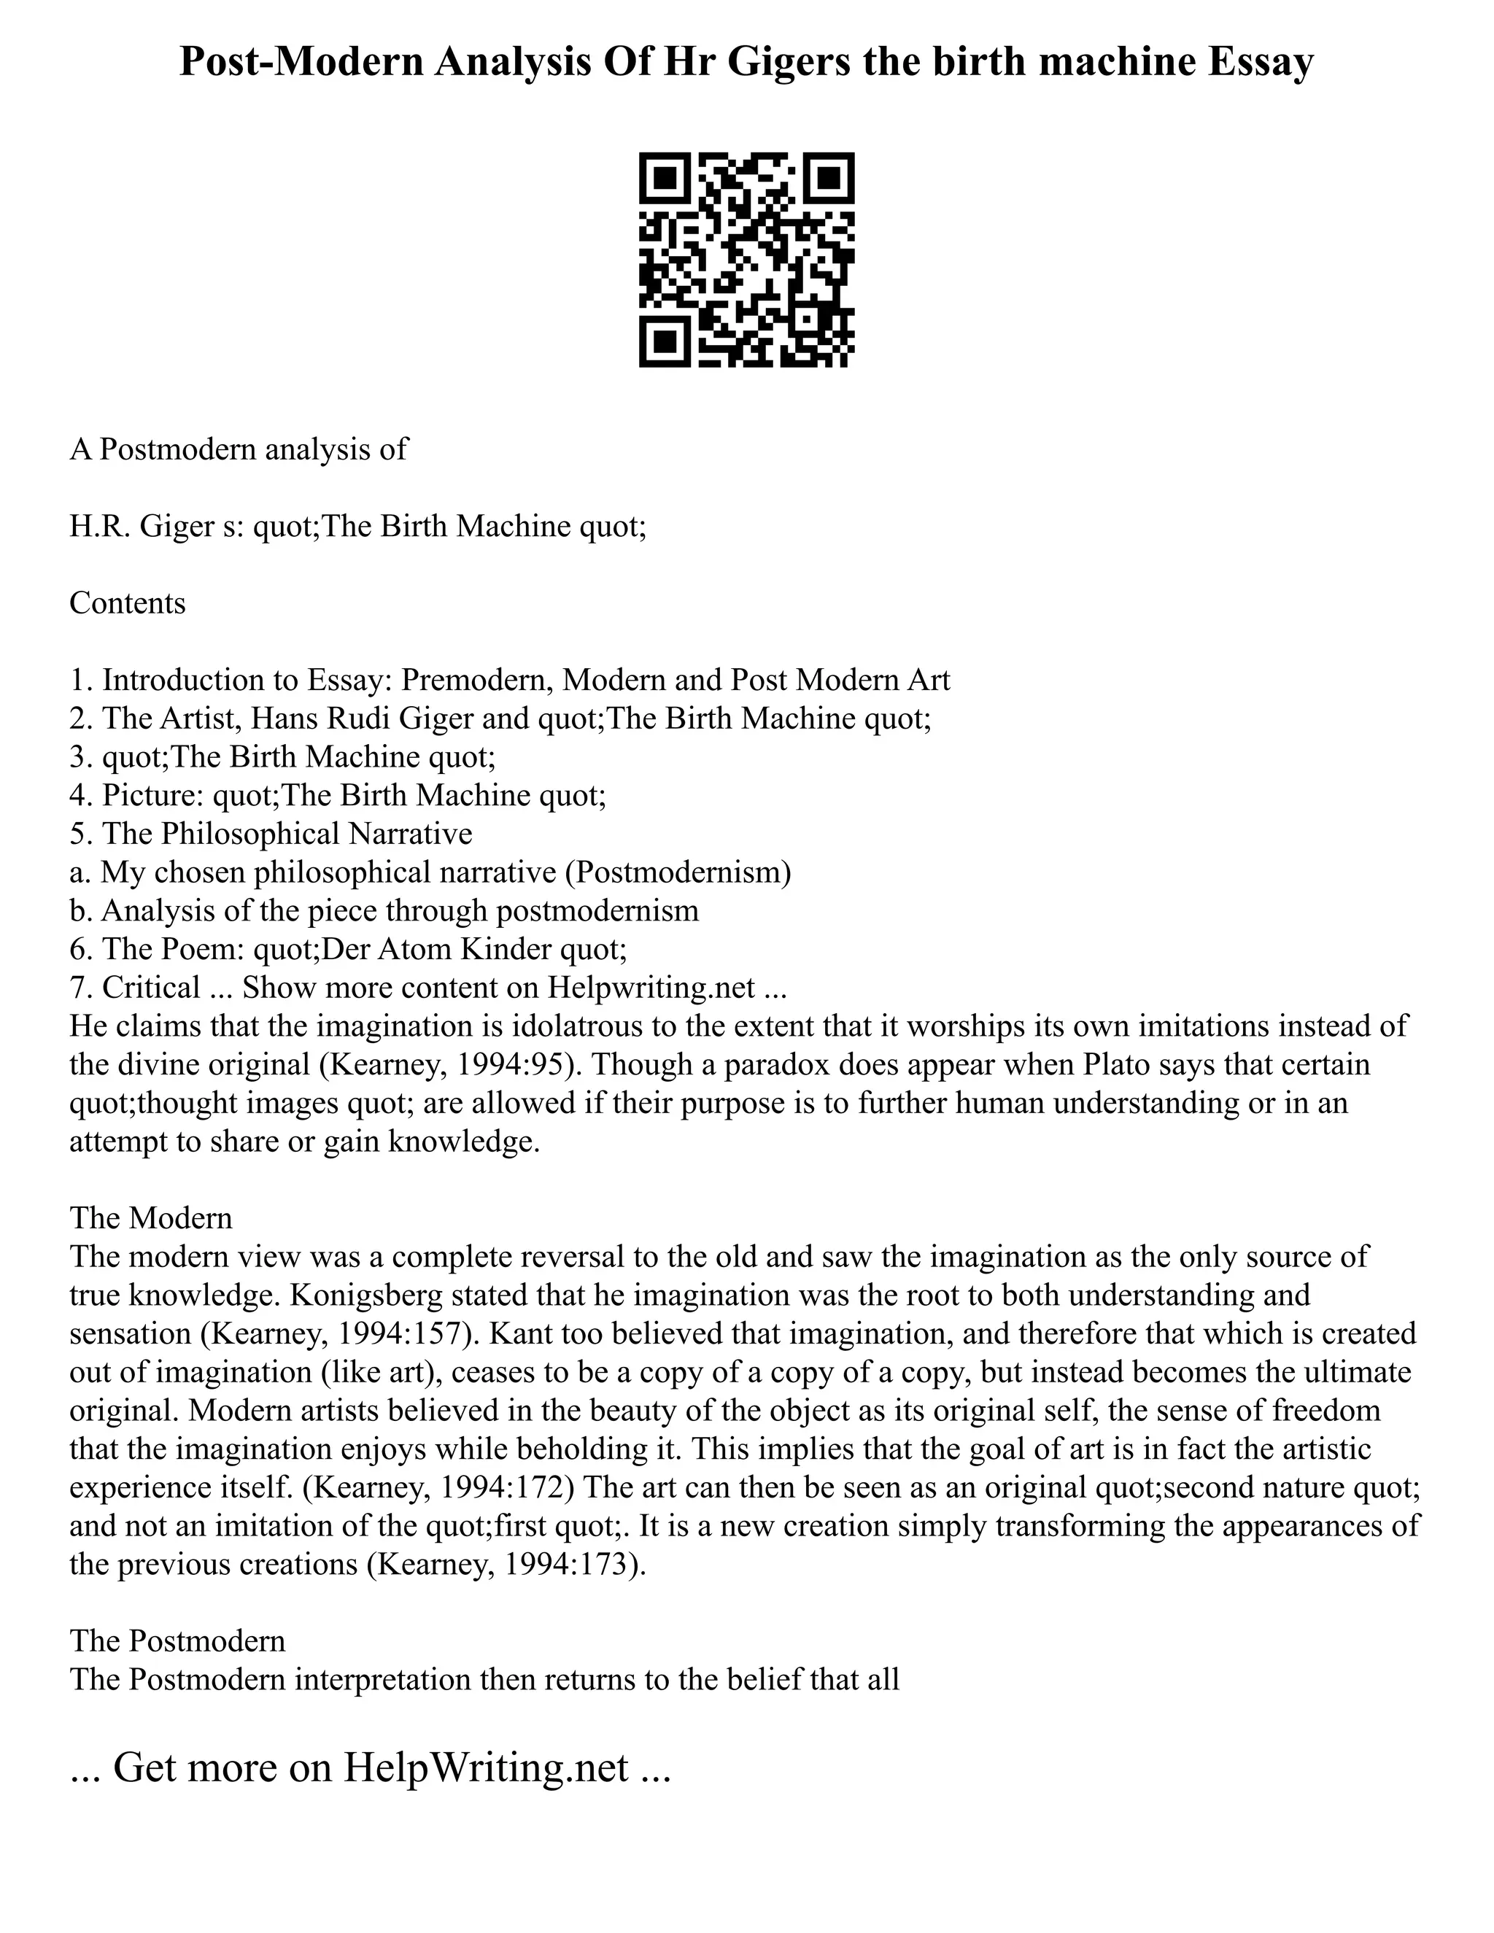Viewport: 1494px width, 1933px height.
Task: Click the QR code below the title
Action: (746, 260)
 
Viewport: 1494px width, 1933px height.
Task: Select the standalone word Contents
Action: (128, 604)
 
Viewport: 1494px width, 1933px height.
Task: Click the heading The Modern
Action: (151, 1218)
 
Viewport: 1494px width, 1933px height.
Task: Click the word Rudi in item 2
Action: (363, 718)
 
